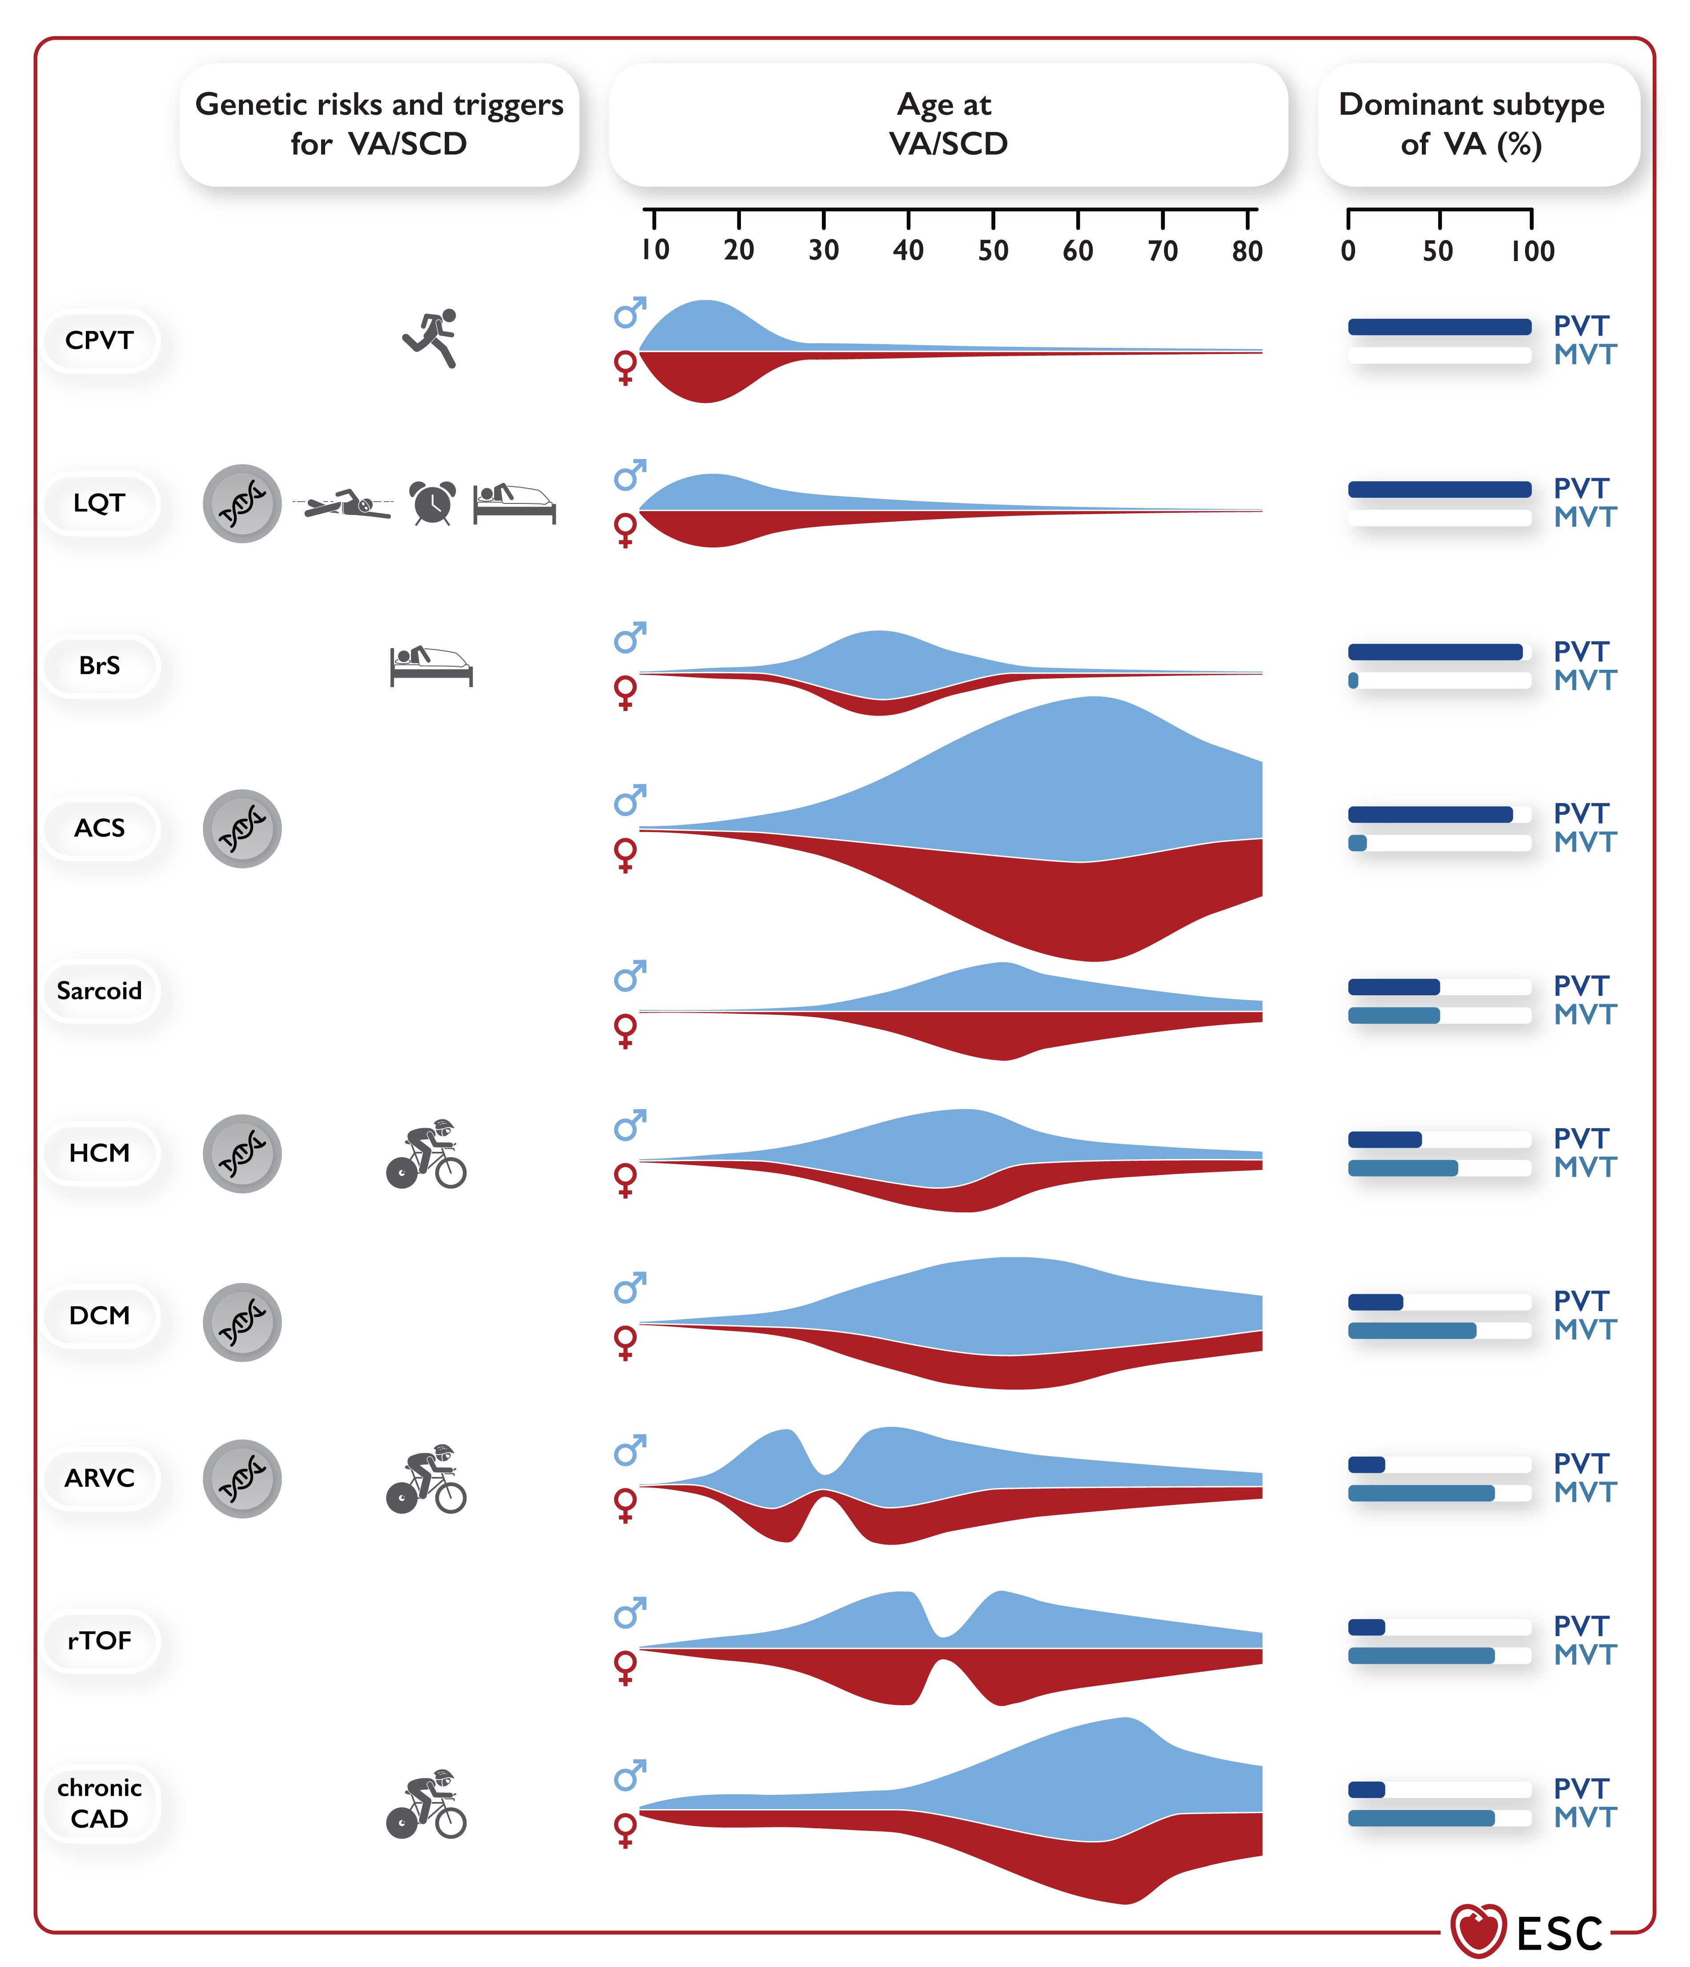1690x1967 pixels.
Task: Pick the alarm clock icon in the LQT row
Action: click(432, 502)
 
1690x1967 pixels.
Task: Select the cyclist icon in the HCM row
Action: click(427, 1154)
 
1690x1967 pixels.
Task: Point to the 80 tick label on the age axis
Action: click(1247, 251)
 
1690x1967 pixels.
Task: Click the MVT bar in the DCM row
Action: click(1412, 1330)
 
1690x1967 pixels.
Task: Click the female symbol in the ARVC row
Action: click(625, 1504)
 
